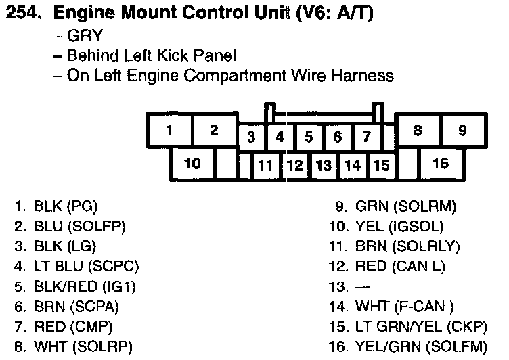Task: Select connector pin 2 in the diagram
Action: tap(214, 130)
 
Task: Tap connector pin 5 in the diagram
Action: tap(309, 137)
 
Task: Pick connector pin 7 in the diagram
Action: tap(366, 137)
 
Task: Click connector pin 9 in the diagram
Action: tap(462, 130)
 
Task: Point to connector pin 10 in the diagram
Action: tap(192, 163)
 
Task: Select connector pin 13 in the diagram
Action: tap(324, 164)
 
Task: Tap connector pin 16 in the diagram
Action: tap(441, 163)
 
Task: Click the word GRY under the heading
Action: tap(81, 35)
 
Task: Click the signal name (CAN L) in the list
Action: tap(418, 266)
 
